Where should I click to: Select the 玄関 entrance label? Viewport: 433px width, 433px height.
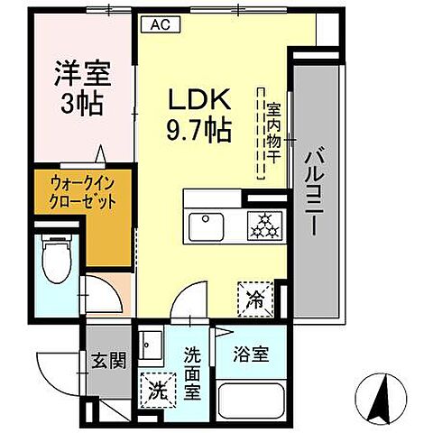coord(108,362)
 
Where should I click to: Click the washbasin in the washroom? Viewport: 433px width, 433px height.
coord(154,346)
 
